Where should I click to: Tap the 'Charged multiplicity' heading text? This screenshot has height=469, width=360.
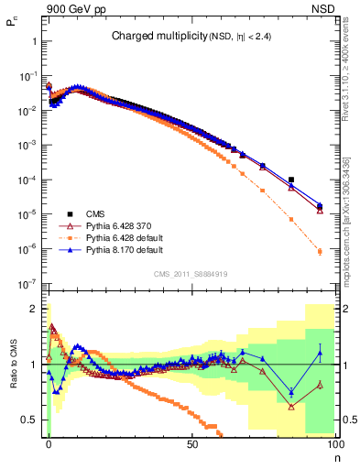click(x=150, y=37)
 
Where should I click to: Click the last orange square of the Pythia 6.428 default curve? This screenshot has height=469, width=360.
click(x=320, y=251)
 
